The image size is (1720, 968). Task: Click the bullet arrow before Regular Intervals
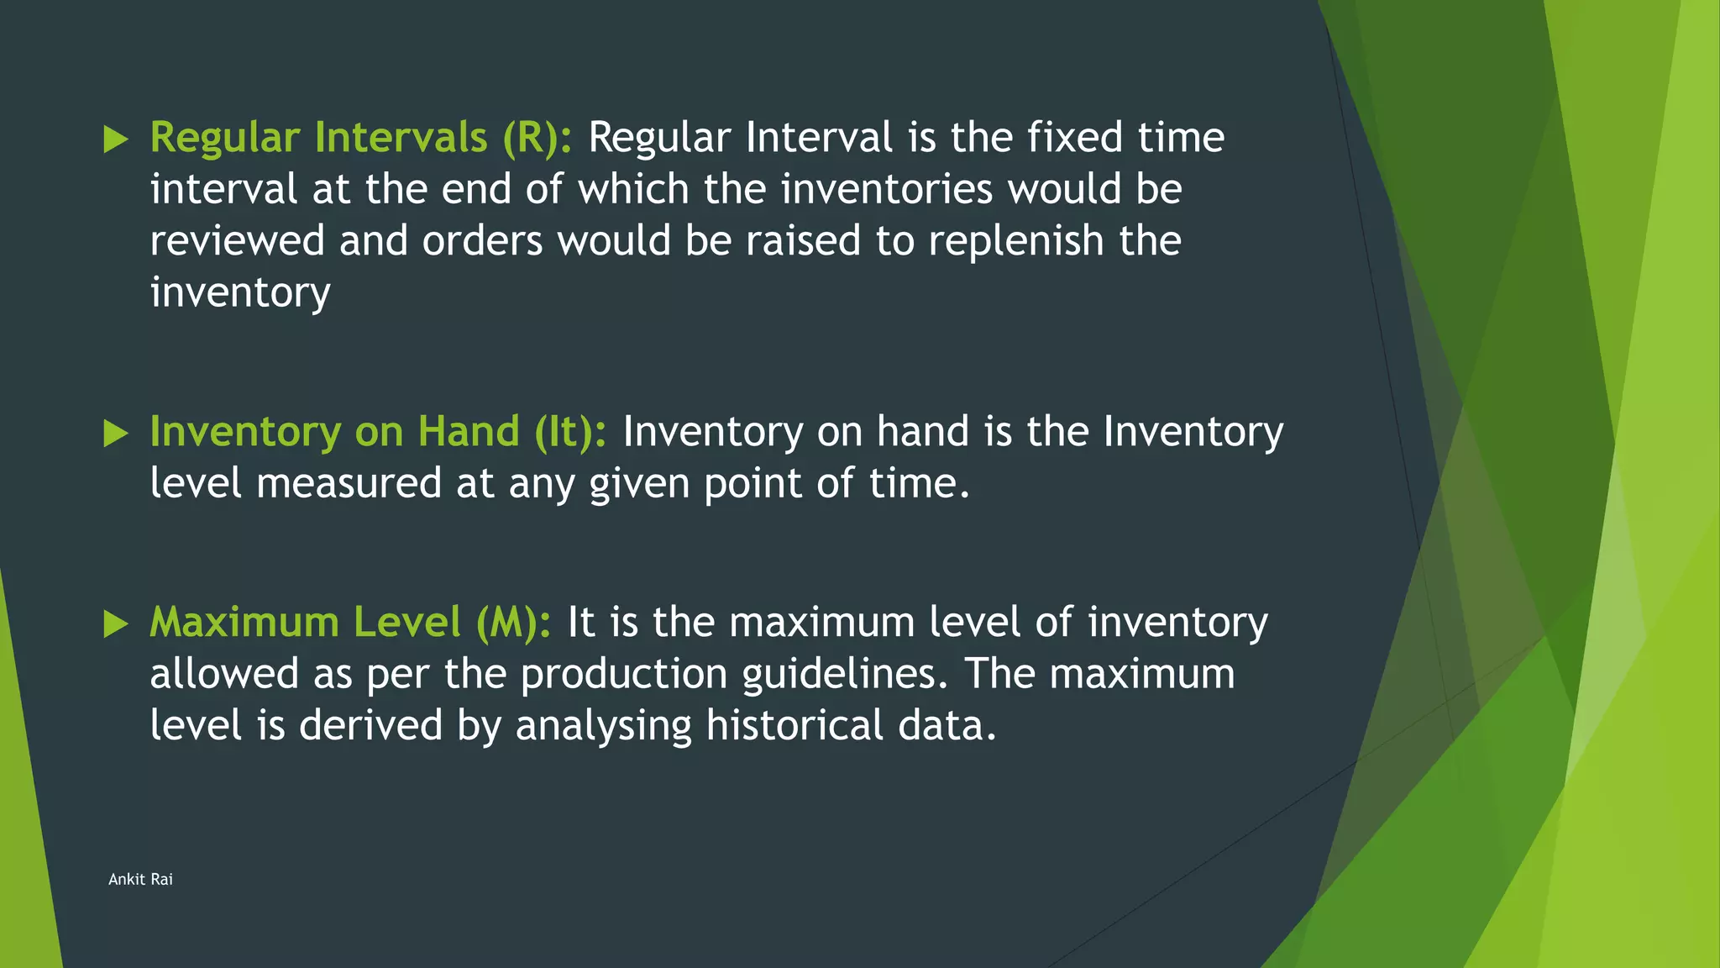116,139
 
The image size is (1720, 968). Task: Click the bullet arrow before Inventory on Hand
116,434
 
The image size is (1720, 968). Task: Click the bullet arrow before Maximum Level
116,624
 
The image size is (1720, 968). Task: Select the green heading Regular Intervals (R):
361,138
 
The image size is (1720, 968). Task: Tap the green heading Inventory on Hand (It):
378,432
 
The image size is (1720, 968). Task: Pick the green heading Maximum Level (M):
350,623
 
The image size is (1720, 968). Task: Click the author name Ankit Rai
140,879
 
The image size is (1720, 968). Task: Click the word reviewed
237,241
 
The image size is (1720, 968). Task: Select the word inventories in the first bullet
887,189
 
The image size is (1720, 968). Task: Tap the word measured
349,484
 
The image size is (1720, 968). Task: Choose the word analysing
604,726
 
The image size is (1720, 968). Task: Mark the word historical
794,726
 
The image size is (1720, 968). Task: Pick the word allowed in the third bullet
224,675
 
